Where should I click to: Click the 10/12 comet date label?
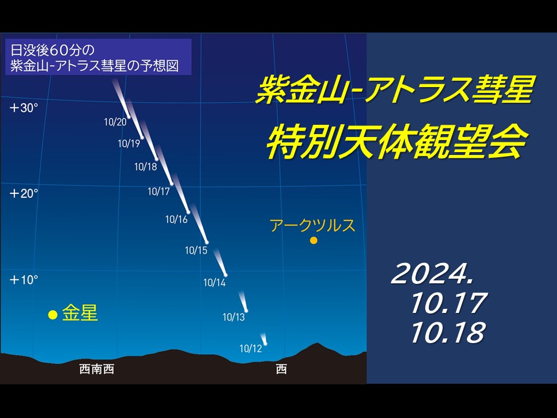tap(251, 348)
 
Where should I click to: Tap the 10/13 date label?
tap(233, 317)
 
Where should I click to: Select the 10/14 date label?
tap(214, 283)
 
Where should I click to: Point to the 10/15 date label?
tap(196, 250)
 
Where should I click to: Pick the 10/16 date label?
tap(176, 219)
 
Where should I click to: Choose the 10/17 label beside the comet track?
tap(158, 192)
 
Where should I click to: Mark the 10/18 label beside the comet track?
tap(145, 167)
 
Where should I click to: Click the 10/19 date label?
tap(129, 143)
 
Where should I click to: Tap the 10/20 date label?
tap(115, 122)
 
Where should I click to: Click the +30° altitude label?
tap(23, 108)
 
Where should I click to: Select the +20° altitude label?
tap(23, 194)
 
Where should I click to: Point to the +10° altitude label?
tap(23, 280)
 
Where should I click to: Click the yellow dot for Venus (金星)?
tap(53, 315)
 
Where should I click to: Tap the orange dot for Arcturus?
tap(313, 240)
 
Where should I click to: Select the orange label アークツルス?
tap(313, 225)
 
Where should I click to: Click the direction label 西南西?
tap(97, 369)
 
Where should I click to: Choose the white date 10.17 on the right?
tap(449, 303)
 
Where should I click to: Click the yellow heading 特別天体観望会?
tap(396, 141)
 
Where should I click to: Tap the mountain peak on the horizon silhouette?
tap(317, 343)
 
